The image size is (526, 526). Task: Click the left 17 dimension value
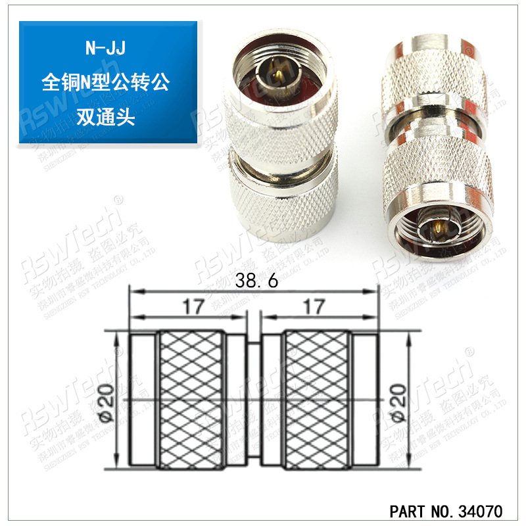(x=193, y=306)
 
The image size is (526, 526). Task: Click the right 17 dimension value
(x=315, y=306)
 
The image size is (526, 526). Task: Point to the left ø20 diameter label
(x=107, y=402)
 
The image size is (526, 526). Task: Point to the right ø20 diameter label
(x=400, y=402)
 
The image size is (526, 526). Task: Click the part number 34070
(x=479, y=511)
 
